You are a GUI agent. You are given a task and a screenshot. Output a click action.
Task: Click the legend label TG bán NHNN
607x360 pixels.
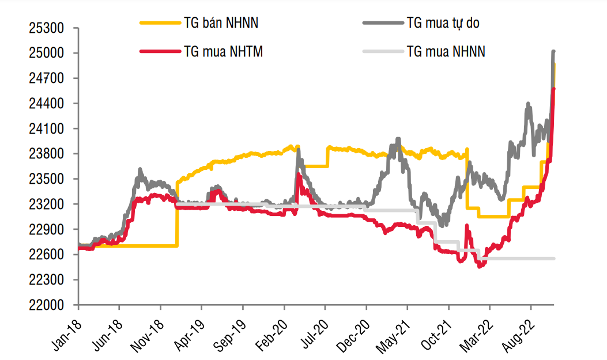point(221,23)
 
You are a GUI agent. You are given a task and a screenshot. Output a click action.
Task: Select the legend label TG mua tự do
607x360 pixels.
point(443,23)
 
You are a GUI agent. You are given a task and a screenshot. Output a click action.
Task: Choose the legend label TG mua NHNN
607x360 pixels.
point(446,52)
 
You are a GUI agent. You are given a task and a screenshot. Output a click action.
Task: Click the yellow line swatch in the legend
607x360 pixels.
point(160,23)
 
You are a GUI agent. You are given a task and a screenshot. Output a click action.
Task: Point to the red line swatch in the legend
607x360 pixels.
point(160,52)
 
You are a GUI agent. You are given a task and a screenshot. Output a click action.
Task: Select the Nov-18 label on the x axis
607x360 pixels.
point(149,332)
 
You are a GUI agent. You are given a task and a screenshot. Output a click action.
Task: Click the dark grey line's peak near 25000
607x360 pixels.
point(553,52)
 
